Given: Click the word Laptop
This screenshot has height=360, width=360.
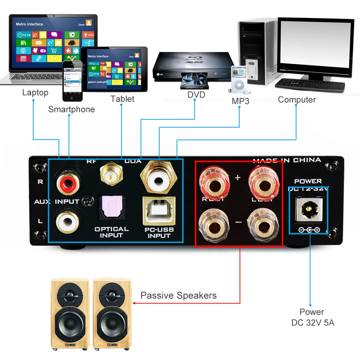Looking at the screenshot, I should click(35, 93).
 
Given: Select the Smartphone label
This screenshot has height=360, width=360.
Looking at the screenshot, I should click(72, 109).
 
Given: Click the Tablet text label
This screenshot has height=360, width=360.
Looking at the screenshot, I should click(122, 99).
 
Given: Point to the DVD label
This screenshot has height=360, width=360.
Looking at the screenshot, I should click(196, 95).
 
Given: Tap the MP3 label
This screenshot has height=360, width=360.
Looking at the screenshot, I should click(240, 101).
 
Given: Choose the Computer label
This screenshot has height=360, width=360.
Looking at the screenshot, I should click(297, 100).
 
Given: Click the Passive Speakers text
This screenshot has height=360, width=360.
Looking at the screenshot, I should click(179, 296).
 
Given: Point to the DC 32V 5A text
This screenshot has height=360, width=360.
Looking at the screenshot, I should click(313, 323).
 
